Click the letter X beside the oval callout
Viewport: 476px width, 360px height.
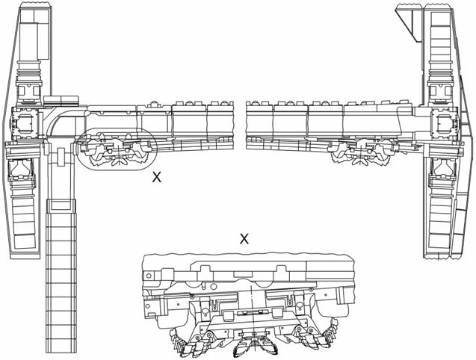157,177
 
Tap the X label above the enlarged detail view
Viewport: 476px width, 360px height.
244,239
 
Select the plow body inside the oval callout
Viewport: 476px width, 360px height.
117,150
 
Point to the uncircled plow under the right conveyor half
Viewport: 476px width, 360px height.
361,151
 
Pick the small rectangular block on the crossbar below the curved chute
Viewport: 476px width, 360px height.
61,157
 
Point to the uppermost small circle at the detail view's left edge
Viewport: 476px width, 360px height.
149,276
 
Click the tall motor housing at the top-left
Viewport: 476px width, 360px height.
34,34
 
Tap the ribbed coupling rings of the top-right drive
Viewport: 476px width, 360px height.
441,75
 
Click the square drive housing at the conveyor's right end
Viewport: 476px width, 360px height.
445,125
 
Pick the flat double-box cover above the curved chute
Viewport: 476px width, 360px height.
61,100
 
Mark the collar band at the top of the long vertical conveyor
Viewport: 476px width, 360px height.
61,205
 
